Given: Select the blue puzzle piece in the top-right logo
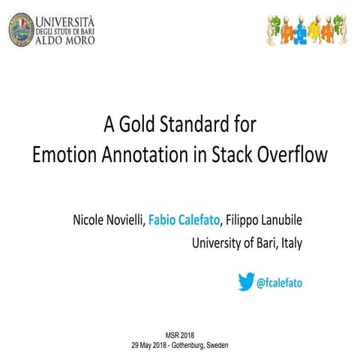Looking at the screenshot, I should click(299, 31).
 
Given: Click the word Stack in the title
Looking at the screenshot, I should click(232, 155).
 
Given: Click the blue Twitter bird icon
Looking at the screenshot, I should click(246, 281).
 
